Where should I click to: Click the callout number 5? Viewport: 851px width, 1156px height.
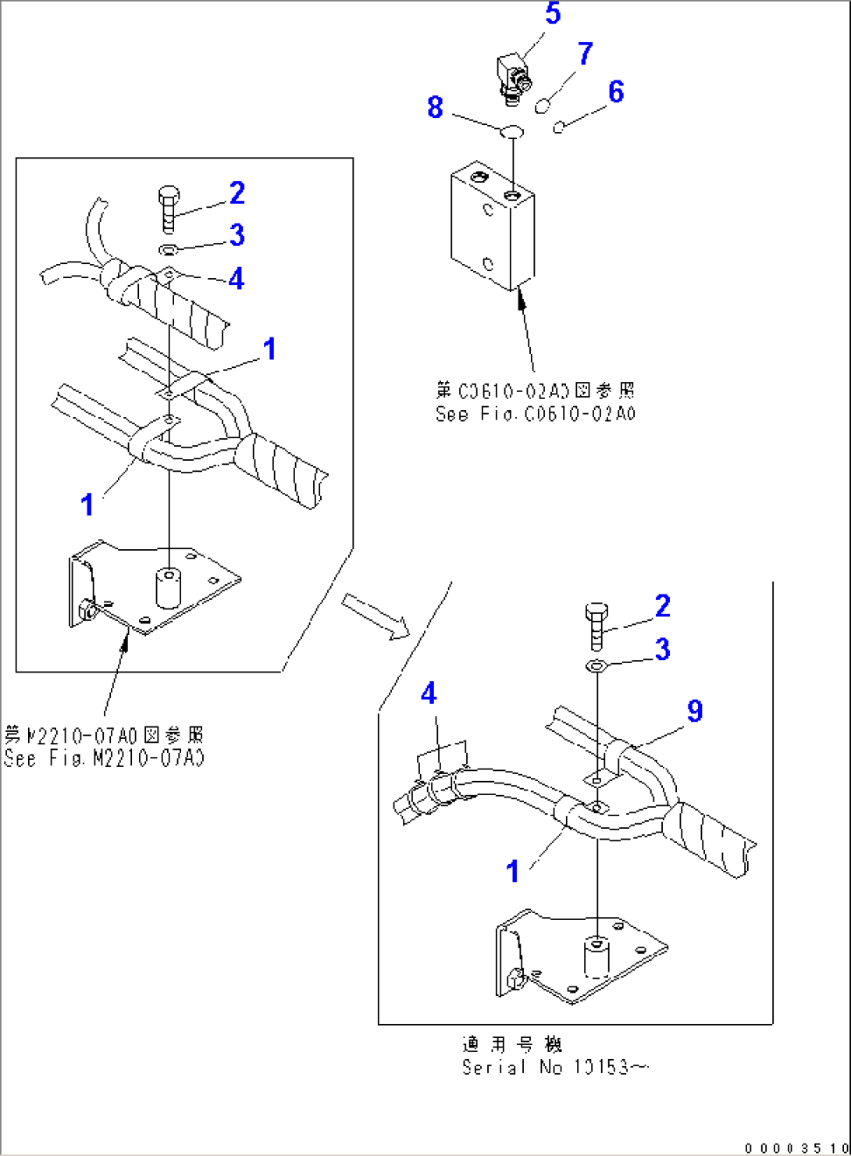coord(553,14)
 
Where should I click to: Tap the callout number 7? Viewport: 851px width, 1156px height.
coord(585,54)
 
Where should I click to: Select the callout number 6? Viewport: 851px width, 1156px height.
coord(616,92)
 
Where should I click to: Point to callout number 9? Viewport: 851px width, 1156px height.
coord(694,711)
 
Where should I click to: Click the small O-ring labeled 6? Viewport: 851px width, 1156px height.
coord(558,127)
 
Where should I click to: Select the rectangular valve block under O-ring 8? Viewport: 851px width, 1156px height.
coord(492,227)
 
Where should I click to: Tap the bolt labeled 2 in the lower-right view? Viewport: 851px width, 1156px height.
coord(596,626)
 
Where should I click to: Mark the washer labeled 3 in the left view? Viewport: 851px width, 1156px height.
coord(169,250)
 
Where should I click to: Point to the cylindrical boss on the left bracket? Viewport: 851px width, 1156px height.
coord(169,588)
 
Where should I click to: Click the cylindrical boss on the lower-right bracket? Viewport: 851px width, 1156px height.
coord(596,958)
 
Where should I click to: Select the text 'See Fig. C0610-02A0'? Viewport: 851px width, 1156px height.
coord(536,414)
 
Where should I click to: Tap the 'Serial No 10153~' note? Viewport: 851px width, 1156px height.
coord(554,1068)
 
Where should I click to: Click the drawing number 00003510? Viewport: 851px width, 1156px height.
coord(796,1147)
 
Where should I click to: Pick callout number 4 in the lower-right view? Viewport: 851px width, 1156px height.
coord(429,694)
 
